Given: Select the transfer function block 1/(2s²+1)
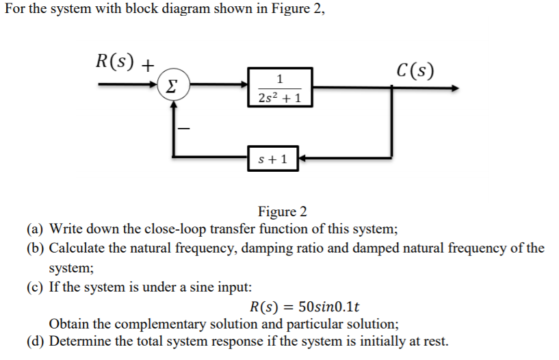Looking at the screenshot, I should [281, 88].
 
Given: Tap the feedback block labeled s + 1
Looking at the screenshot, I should [272, 160].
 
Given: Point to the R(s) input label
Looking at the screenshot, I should [118, 62].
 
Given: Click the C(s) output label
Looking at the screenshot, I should [415, 70].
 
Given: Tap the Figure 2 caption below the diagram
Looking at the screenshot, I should [282, 211].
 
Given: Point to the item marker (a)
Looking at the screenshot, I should [36, 229].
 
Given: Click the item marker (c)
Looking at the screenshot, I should [36, 287].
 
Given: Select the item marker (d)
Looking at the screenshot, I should [36, 342].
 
